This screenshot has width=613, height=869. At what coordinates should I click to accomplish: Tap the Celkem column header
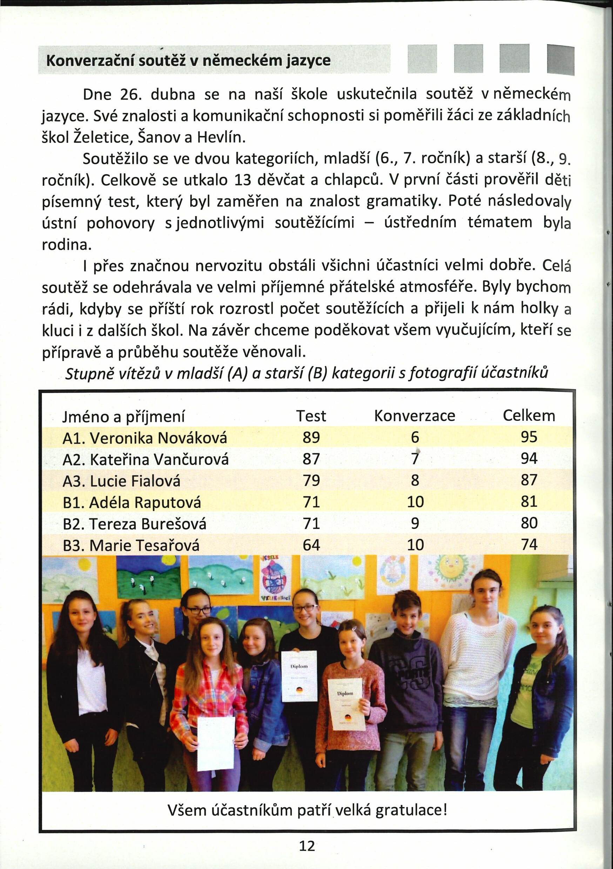click(528, 416)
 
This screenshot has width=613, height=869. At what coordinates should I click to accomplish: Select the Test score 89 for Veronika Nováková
click(311, 438)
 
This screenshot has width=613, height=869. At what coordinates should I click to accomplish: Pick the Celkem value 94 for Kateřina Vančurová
click(529, 459)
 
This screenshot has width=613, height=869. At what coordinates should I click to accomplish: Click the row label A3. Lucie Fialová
click(121, 481)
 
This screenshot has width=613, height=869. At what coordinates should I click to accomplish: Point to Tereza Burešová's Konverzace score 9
click(415, 524)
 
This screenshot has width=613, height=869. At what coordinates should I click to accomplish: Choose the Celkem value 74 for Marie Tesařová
click(529, 545)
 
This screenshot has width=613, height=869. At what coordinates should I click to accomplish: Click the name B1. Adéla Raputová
click(132, 502)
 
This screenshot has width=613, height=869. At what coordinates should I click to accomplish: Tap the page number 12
click(306, 846)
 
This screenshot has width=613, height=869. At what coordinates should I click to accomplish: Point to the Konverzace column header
click(415, 416)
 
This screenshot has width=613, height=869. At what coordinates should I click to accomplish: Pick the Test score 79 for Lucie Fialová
click(311, 480)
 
